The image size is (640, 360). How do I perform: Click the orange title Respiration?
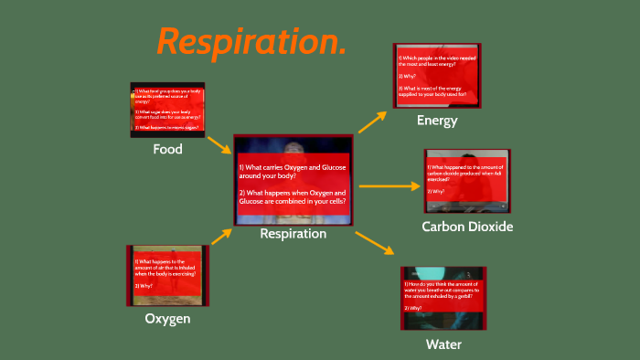251,41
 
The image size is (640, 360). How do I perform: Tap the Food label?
167,149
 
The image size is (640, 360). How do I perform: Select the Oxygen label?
167,319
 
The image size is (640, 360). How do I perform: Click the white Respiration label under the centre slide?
293,234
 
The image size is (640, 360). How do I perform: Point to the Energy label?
437,121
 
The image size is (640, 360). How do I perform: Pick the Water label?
443,344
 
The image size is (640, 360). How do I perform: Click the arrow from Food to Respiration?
219,144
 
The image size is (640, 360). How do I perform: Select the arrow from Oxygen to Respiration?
220,237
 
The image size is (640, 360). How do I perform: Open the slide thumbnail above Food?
167,110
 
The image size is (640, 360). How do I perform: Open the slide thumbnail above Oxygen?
166,275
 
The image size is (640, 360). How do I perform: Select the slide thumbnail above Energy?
437,76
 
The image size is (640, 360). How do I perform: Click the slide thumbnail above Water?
443,298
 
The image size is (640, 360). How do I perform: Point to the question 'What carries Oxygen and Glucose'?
292,172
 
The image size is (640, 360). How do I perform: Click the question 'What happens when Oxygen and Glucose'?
292,197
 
